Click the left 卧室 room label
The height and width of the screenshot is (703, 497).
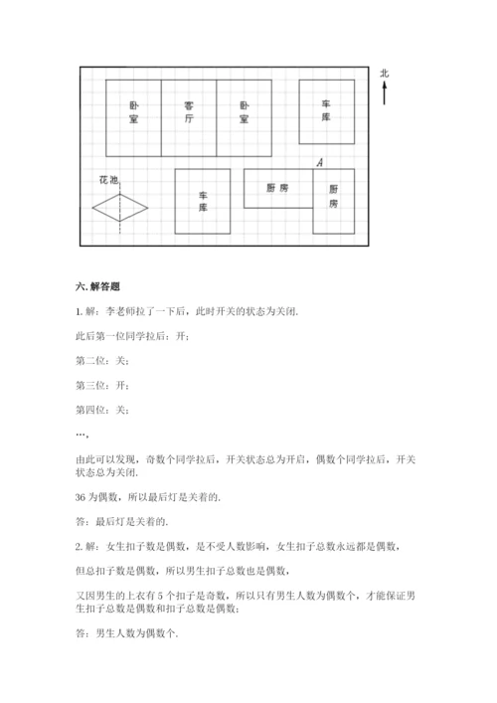pyautogui.click(x=133, y=111)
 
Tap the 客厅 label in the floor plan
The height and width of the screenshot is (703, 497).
pyautogui.click(x=189, y=111)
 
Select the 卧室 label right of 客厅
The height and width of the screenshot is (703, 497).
pyautogui.click(x=244, y=111)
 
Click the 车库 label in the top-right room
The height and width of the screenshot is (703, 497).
pyautogui.click(x=326, y=110)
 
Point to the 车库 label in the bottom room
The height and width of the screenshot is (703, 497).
pyautogui.click(x=203, y=202)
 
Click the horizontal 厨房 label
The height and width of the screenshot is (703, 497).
pyautogui.click(x=277, y=188)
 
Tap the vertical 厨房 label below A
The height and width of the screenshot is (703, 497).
pyautogui.click(x=334, y=196)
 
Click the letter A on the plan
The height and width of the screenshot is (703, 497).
pyautogui.click(x=318, y=160)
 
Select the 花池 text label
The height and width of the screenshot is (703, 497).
pyautogui.click(x=108, y=181)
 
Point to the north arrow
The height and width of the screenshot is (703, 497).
pyautogui.click(x=385, y=93)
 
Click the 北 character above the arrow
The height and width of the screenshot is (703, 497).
pyautogui.click(x=385, y=73)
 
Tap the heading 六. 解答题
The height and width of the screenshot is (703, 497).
pyautogui.click(x=97, y=288)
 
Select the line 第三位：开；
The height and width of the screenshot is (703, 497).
pyautogui.click(x=102, y=385)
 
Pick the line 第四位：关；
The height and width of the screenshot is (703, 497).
pyautogui.click(x=102, y=409)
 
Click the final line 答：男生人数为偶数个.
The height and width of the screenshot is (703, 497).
pyautogui.click(x=126, y=635)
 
